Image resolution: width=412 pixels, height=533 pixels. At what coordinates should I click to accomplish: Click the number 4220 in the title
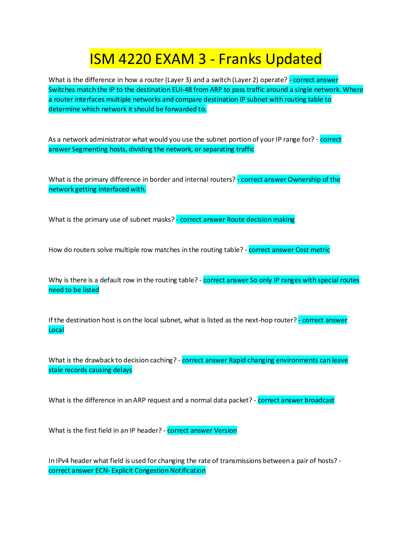click(135, 59)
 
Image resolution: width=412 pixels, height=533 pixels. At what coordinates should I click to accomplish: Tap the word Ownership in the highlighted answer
click(304, 179)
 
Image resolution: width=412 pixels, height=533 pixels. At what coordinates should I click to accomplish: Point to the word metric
click(320, 250)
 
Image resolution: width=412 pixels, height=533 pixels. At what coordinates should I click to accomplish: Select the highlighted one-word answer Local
click(56, 330)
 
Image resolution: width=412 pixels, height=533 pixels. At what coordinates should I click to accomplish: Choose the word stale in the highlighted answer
click(56, 370)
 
